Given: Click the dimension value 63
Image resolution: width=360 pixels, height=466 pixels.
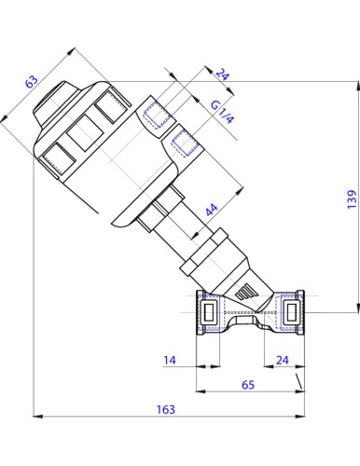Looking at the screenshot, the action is coord(32,81).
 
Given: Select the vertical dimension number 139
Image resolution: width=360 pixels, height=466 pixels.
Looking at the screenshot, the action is coord(352,199).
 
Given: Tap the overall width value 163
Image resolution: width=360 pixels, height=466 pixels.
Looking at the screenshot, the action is coord(166,409).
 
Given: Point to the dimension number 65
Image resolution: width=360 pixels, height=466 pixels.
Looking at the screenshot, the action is coord(248,385).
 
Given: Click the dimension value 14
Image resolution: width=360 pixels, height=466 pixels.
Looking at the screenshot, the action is coord(170,361).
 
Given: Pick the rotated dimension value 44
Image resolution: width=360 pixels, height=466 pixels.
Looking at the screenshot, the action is coord(212,210).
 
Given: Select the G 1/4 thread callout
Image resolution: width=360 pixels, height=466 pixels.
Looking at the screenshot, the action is coord(222,112).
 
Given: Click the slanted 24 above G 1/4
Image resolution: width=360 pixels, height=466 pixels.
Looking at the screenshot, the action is coord(223,74).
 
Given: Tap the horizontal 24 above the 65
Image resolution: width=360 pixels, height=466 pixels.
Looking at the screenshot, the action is coord(283,360).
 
